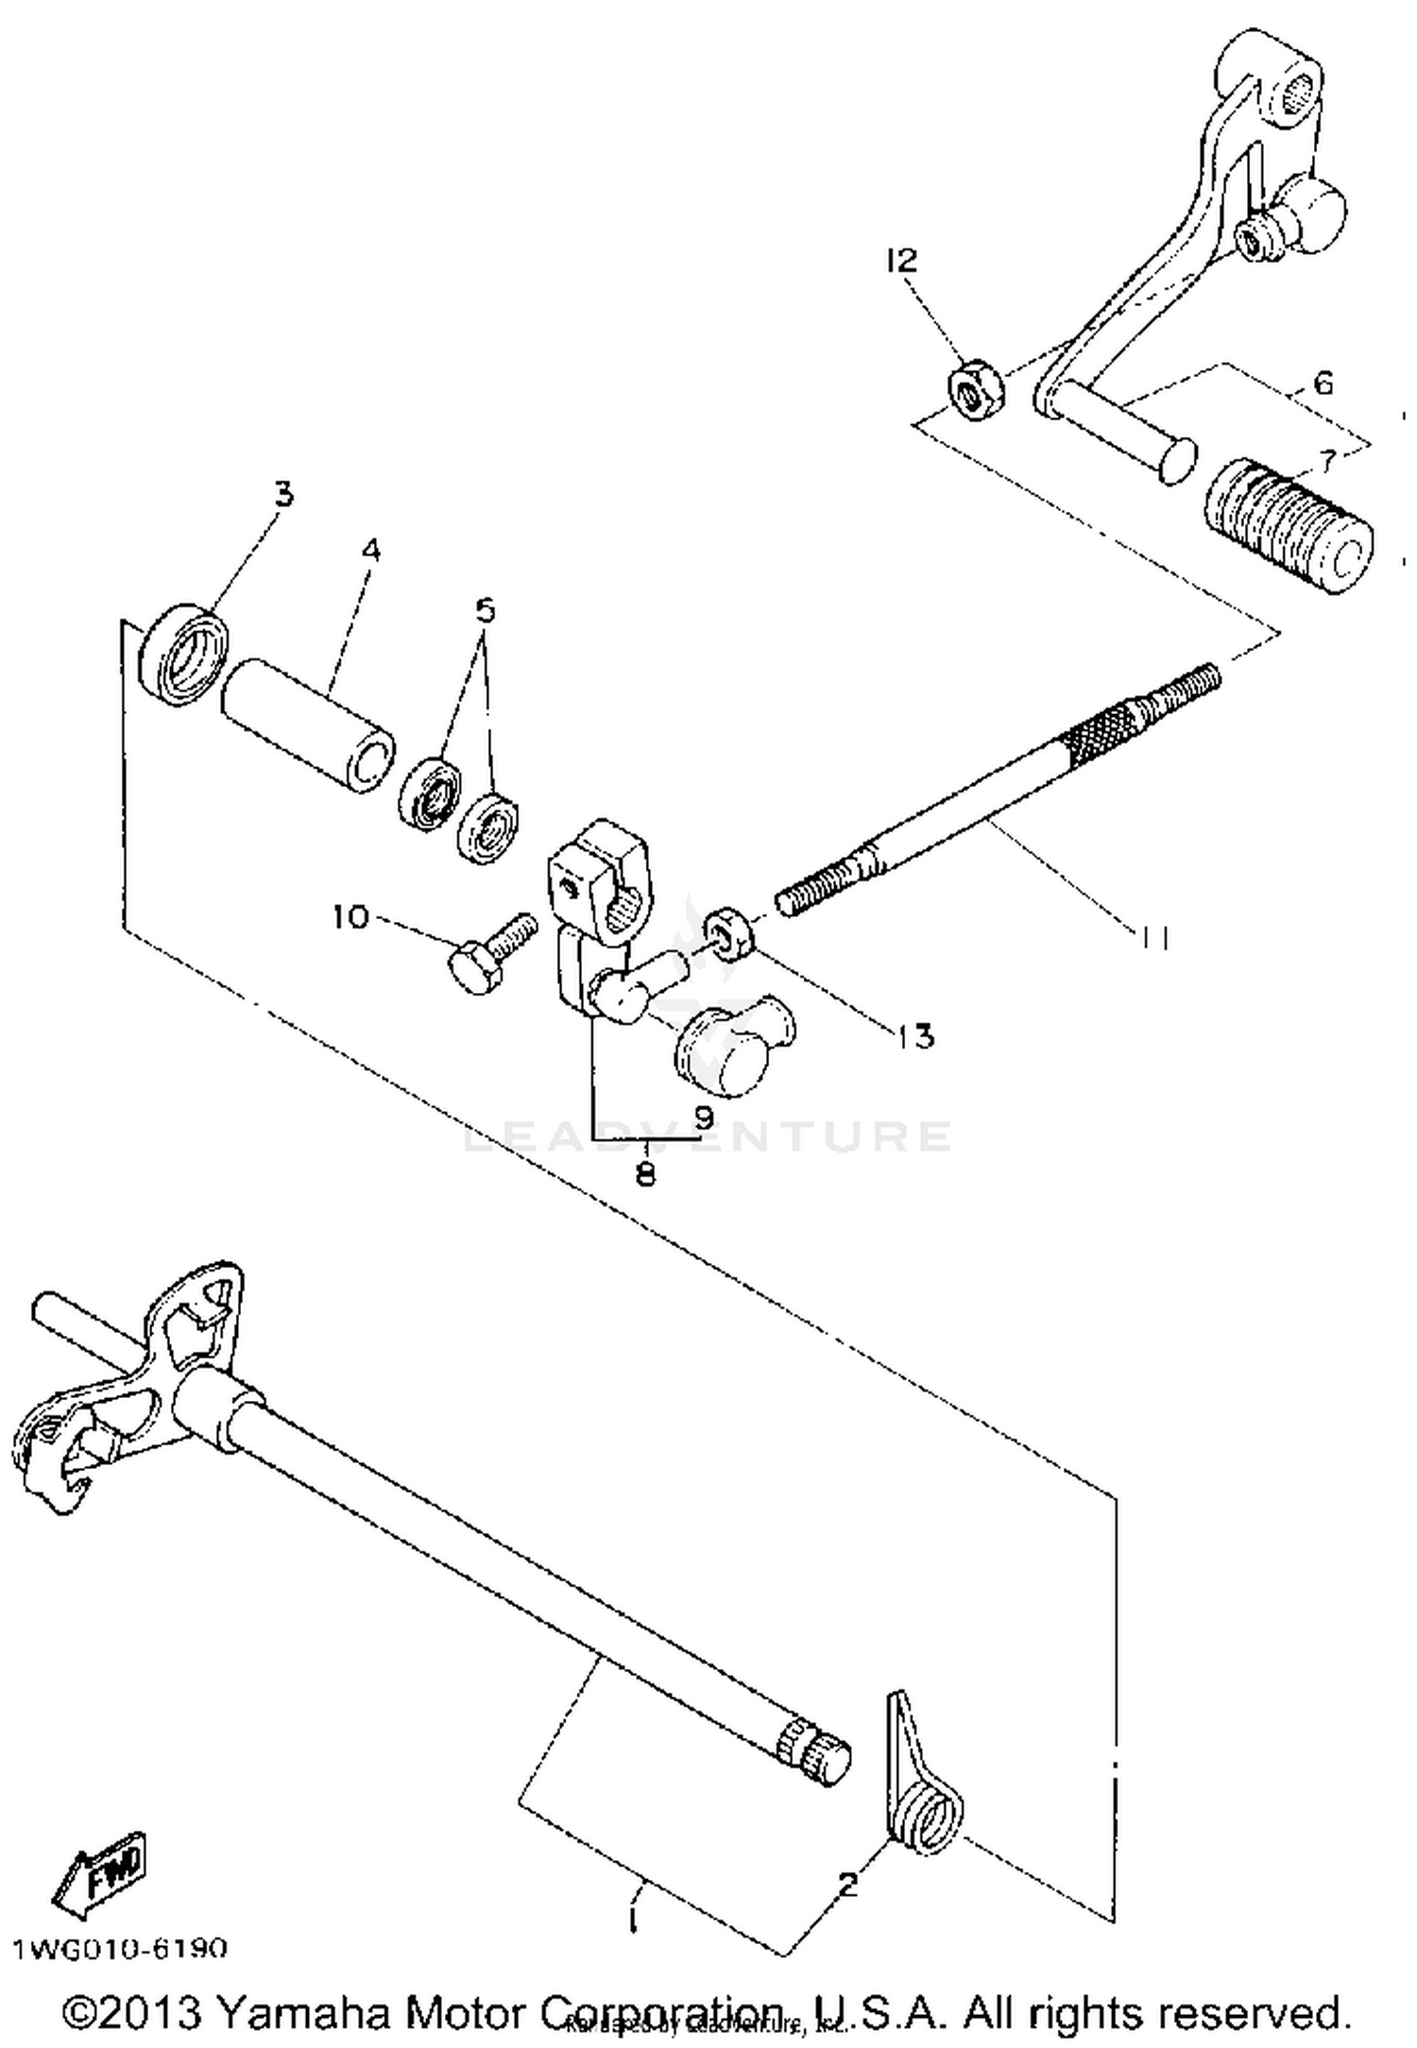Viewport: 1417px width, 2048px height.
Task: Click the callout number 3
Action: tap(283, 493)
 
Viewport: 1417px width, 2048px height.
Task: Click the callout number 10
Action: tap(350, 915)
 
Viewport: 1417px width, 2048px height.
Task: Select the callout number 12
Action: tap(901, 261)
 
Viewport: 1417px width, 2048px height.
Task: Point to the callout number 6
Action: tap(1323, 384)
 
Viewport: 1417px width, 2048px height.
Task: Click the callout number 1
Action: tap(634, 1919)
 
